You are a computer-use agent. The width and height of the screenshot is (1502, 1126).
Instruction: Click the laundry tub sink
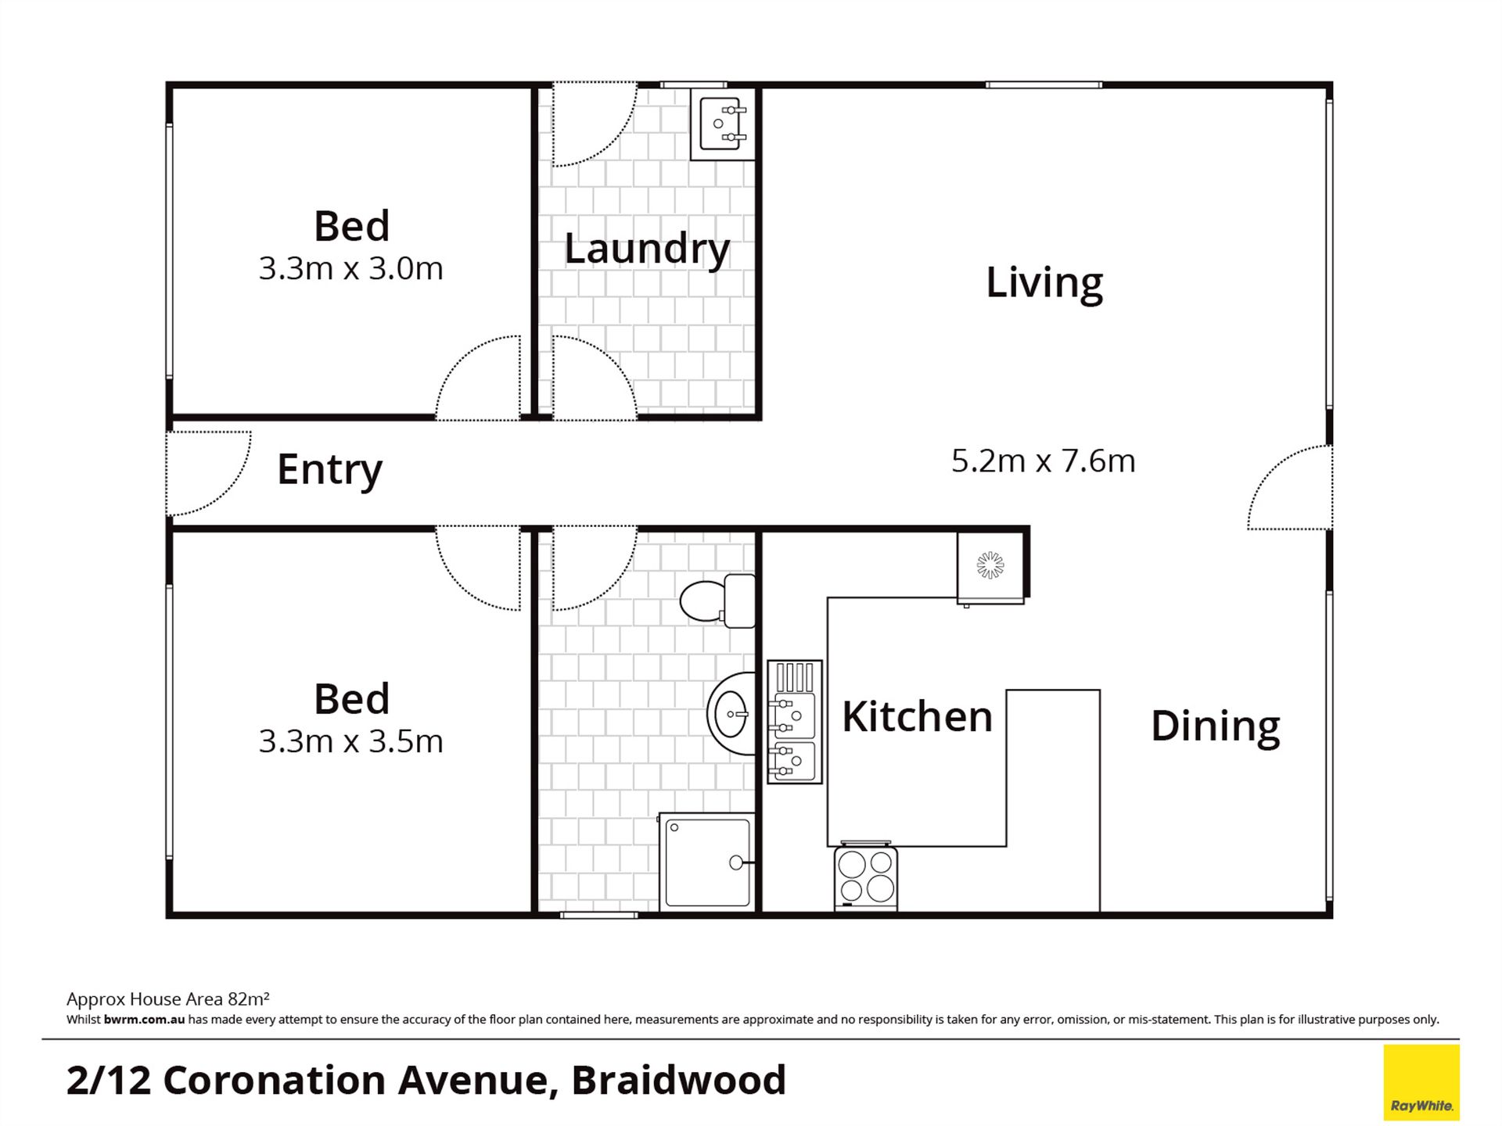click(722, 124)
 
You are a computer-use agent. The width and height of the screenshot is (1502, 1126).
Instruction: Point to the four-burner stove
click(866, 877)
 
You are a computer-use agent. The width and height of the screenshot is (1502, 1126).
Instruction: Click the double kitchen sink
click(795, 722)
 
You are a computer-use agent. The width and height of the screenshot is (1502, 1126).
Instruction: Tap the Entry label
click(329, 471)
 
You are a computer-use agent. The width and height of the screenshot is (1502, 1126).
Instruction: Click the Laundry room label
click(647, 249)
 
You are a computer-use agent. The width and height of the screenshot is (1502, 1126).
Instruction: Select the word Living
click(1044, 283)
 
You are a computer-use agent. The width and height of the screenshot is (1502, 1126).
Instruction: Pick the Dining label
click(1216, 726)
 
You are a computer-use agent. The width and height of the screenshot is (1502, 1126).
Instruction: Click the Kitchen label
click(917, 716)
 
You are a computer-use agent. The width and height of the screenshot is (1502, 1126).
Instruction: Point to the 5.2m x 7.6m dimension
click(1044, 461)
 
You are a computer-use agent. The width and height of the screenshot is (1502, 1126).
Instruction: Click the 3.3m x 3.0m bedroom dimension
click(351, 268)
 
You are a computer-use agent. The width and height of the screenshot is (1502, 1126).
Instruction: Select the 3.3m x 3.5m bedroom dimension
click(351, 741)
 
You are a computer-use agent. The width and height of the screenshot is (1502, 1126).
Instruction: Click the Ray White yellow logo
click(1421, 1082)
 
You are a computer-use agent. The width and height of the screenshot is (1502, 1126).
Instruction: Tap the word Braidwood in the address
click(678, 1081)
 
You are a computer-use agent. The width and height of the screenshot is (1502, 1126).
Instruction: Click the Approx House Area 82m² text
click(168, 999)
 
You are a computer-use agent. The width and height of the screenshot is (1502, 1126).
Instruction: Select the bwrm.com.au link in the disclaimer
click(144, 1020)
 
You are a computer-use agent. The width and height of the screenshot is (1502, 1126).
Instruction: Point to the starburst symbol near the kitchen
click(990, 565)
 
